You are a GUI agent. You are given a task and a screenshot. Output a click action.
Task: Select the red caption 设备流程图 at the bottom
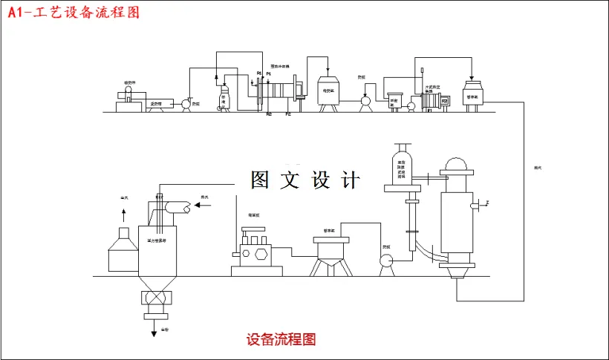click(281, 340)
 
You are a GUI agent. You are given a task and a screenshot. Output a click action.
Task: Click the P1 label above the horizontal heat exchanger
click(269, 73)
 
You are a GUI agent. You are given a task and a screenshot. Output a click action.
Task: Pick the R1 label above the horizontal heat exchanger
click(258, 73)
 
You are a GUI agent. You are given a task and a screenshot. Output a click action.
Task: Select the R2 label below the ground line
click(268, 115)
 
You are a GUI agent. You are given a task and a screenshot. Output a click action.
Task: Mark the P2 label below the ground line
click(288, 115)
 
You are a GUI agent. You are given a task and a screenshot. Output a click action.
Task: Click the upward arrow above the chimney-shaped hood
click(123, 213)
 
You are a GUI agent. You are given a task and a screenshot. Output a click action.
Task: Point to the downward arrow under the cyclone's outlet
click(154, 330)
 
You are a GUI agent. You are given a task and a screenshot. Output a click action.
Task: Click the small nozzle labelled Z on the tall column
click(486, 202)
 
